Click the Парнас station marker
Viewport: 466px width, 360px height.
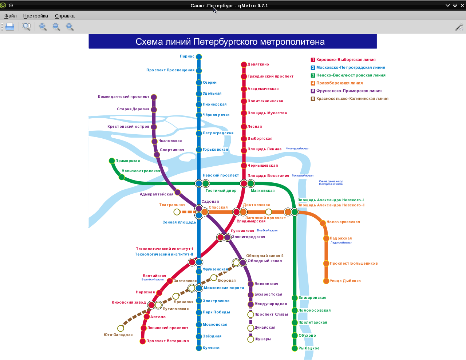pos(199,57)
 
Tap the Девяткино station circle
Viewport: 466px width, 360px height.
pos(244,65)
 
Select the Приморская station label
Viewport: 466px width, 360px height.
pos(127,161)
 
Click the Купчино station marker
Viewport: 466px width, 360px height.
pos(199,348)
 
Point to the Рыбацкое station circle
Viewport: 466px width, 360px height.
pos(295,348)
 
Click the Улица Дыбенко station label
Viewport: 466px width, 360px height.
pos(345,281)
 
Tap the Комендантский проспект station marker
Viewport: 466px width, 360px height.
pos(154,97)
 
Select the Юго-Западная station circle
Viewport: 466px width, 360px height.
pos(121,329)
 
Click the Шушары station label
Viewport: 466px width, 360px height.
pos(262,339)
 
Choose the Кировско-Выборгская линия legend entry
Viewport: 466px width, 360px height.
pos(345,60)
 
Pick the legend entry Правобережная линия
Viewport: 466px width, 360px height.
pos(339,83)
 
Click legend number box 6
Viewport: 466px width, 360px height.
pos(313,99)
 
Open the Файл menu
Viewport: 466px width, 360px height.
pos(11,16)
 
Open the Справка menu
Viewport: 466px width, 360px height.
pos(65,16)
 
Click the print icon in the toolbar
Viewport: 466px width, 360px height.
pos(10,27)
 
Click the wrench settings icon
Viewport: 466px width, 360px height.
pos(459,27)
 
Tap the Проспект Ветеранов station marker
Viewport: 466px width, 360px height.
pos(143,341)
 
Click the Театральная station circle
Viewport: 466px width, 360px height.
pos(177,212)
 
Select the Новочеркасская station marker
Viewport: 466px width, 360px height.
pos(323,223)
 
